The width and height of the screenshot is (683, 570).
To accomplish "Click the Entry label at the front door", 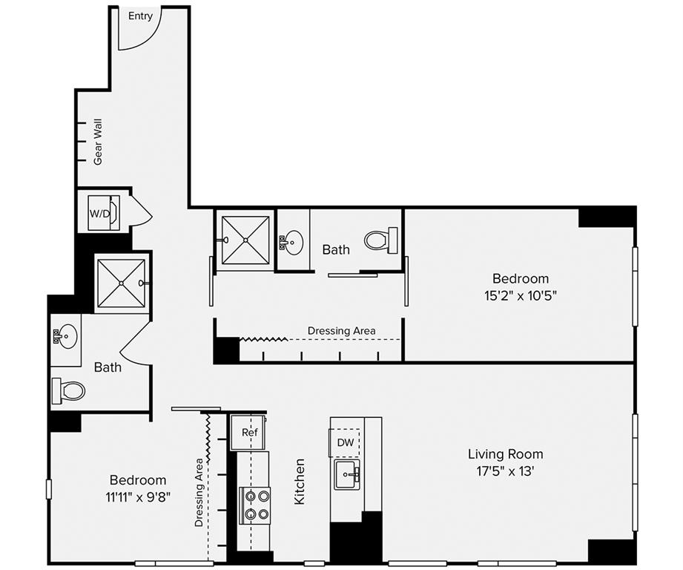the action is [x=140, y=16].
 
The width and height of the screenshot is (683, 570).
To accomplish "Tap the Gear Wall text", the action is [x=98, y=142].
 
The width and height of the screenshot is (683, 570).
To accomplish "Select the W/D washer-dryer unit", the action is [x=104, y=213].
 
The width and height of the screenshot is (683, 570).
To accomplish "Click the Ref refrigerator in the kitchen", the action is [x=248, y=432].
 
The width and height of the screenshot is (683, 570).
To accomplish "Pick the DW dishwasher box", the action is [x=345, y=443].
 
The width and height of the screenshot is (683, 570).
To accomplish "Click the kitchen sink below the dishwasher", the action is [x=347, y=474].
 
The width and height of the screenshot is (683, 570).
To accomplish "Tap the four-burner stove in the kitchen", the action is [x=255, y=505].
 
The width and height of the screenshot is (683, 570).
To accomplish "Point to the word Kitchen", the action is [x=300, y=482].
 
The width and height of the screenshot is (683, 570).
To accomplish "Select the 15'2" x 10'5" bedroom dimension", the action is [x=521, y=296].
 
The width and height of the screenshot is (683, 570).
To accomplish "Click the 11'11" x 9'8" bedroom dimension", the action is [x=138, y=497].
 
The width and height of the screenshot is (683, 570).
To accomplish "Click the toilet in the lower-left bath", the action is [x=68, y=390].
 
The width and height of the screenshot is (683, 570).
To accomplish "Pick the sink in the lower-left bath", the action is [x=65, y=336].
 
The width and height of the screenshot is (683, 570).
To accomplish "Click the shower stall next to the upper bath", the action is [x=245, y=240].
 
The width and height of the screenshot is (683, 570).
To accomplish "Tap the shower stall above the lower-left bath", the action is [x=121, y=284].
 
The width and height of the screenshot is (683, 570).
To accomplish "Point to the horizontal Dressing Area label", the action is [x=341, y=331].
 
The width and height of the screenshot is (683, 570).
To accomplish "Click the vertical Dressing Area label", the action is [x=199, y=492].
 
